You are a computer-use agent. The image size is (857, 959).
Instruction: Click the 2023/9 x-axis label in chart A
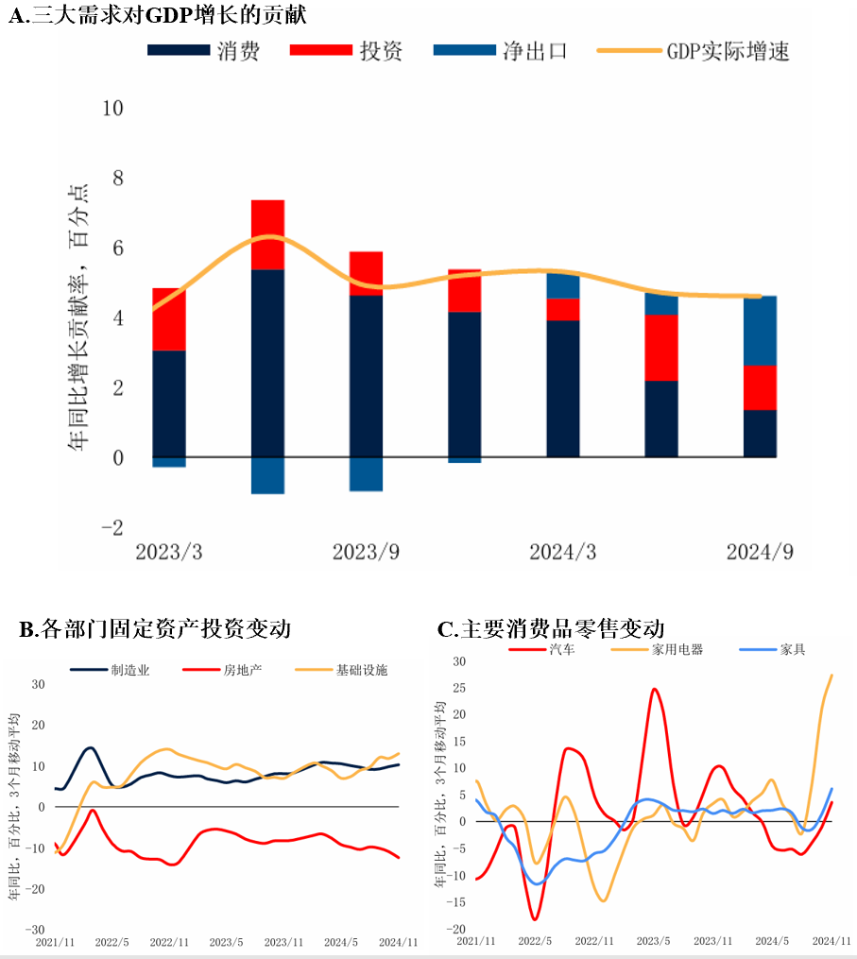coord(366,552)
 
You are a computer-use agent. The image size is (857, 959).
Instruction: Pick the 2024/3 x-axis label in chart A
coord(562,552)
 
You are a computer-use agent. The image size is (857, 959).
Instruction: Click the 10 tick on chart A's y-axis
coord(112,108)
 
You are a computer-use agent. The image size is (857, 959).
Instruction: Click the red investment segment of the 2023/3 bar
coord(169,319)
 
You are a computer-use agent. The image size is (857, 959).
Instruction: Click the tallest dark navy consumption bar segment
coord(267,364)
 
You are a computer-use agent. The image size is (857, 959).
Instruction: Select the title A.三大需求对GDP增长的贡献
coord(156,15)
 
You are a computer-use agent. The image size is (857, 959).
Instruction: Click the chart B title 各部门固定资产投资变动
coord(155,628)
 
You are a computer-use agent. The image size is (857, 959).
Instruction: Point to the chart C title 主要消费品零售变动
coord(552,628)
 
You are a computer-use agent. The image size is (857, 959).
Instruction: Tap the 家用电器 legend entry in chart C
coord(677,650)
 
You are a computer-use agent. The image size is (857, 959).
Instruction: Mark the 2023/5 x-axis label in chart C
coord(653,941)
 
